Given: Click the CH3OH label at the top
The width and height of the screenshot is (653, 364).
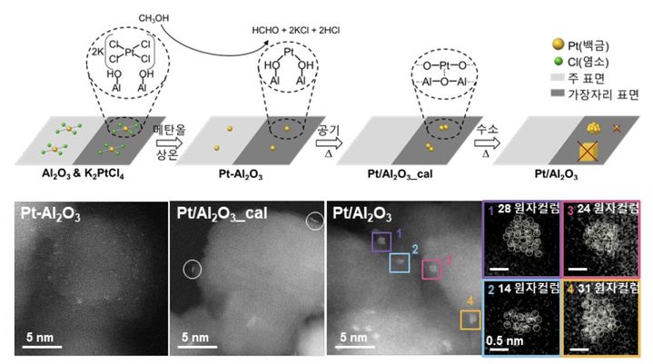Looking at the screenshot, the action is coord(153,18).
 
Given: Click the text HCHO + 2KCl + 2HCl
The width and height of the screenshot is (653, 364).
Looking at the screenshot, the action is coord(296,30).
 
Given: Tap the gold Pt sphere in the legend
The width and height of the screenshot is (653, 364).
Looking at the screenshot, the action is coord(558,44).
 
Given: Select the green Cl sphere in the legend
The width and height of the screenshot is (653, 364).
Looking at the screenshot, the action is coord(558,62).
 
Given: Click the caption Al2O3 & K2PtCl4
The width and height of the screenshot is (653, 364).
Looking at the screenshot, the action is coord(83,173).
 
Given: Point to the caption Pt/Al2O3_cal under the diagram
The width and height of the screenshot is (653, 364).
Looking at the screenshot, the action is coord(400,174).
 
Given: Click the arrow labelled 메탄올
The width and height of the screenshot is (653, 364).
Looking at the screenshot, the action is coord(170,143).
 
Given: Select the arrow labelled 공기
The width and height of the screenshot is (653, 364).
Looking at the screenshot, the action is coord(329,143).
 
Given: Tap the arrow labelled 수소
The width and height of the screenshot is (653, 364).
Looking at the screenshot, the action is coord(487,143).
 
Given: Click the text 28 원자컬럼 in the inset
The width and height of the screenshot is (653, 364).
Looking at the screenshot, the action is coord(529,209).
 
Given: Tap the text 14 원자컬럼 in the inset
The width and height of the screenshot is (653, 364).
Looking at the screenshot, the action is coord(529,288).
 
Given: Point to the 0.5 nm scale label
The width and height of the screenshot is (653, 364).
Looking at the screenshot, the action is coord(504,340).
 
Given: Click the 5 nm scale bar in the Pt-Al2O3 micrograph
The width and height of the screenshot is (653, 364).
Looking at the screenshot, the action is coord(42,347).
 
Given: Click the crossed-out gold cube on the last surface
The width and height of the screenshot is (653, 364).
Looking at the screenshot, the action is coord(588,150).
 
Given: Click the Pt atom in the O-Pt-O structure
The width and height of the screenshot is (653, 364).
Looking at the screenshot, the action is coord(445,65).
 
